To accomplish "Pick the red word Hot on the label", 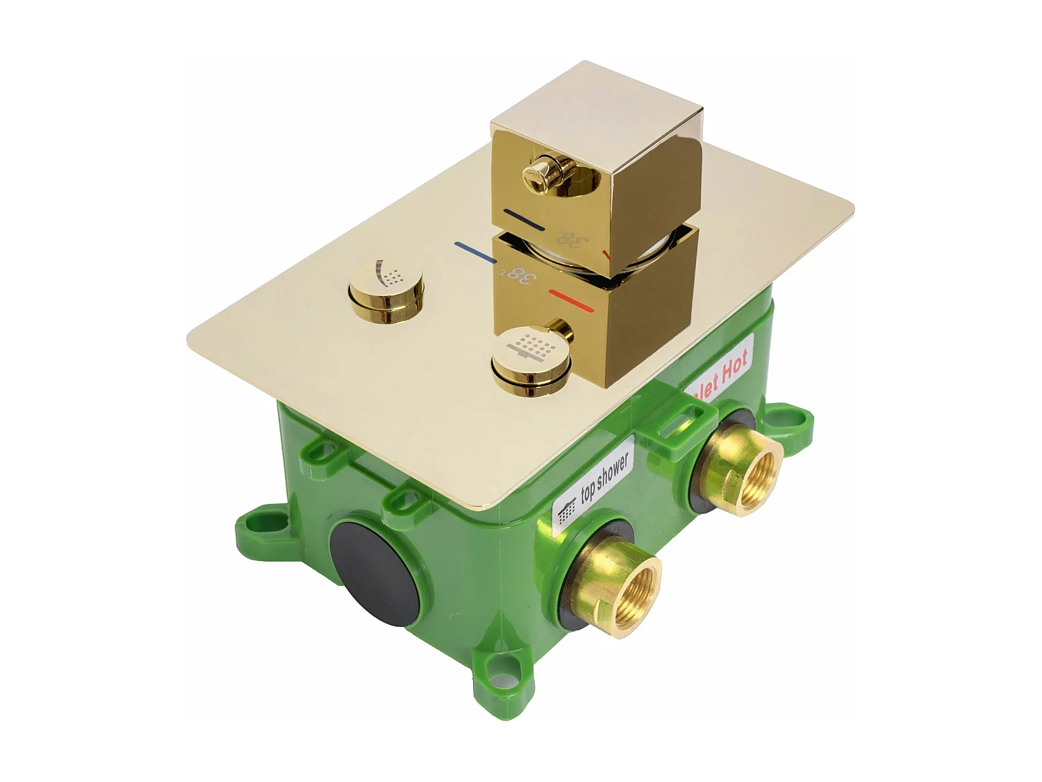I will tap(732, 367).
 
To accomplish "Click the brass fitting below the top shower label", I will tap(620, 580).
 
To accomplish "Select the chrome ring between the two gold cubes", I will tap(556, 254).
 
